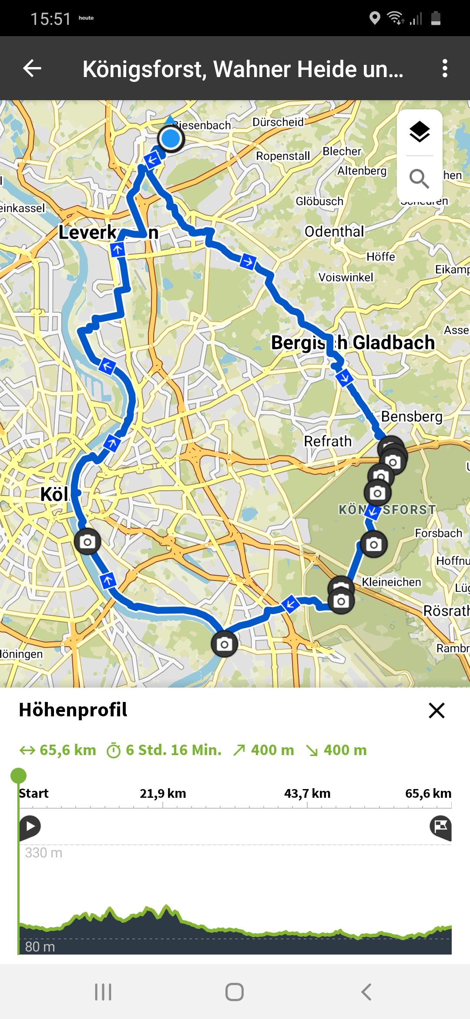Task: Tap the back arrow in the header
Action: (32, 68)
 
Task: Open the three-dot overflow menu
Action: (444, 68)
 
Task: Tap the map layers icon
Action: (420, 132)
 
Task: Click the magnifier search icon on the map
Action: (420, 179)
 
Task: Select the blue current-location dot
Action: (171, 139)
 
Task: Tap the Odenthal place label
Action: (334, 232)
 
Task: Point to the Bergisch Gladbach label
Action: (353, 343)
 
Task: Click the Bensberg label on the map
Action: (412, 417)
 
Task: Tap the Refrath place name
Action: (328, 442)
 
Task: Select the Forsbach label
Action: (438, 533)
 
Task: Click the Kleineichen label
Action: (391, 582)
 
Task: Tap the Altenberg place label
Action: (362, 171)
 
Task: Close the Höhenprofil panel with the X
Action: (436, 710)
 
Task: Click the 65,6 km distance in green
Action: (67, 750)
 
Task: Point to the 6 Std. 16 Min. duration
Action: (173, 750)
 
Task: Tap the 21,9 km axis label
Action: (163, 793)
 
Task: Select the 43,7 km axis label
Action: (307, 793)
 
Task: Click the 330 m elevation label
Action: (44, 853)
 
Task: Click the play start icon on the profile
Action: (30, 826)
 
